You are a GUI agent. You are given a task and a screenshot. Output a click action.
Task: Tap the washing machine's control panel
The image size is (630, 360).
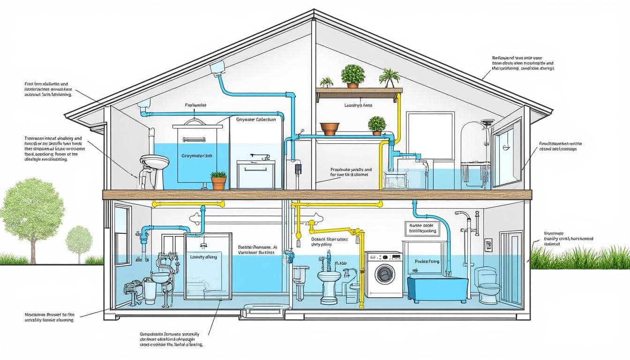383,257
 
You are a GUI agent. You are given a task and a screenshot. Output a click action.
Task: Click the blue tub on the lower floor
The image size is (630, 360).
437,288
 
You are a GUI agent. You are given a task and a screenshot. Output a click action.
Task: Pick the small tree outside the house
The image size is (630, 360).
79,240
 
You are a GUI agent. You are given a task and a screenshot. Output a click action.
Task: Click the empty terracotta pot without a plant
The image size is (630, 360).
330,128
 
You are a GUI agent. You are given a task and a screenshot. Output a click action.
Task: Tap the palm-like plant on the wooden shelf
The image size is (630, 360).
389,76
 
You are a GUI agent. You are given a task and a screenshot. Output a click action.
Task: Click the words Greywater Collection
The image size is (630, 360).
256,120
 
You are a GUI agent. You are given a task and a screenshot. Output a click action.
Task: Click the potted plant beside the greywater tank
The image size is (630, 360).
218,180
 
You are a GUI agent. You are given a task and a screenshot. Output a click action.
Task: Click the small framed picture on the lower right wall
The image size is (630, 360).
488,245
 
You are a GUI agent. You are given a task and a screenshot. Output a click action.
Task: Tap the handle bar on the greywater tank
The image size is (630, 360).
194,140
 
